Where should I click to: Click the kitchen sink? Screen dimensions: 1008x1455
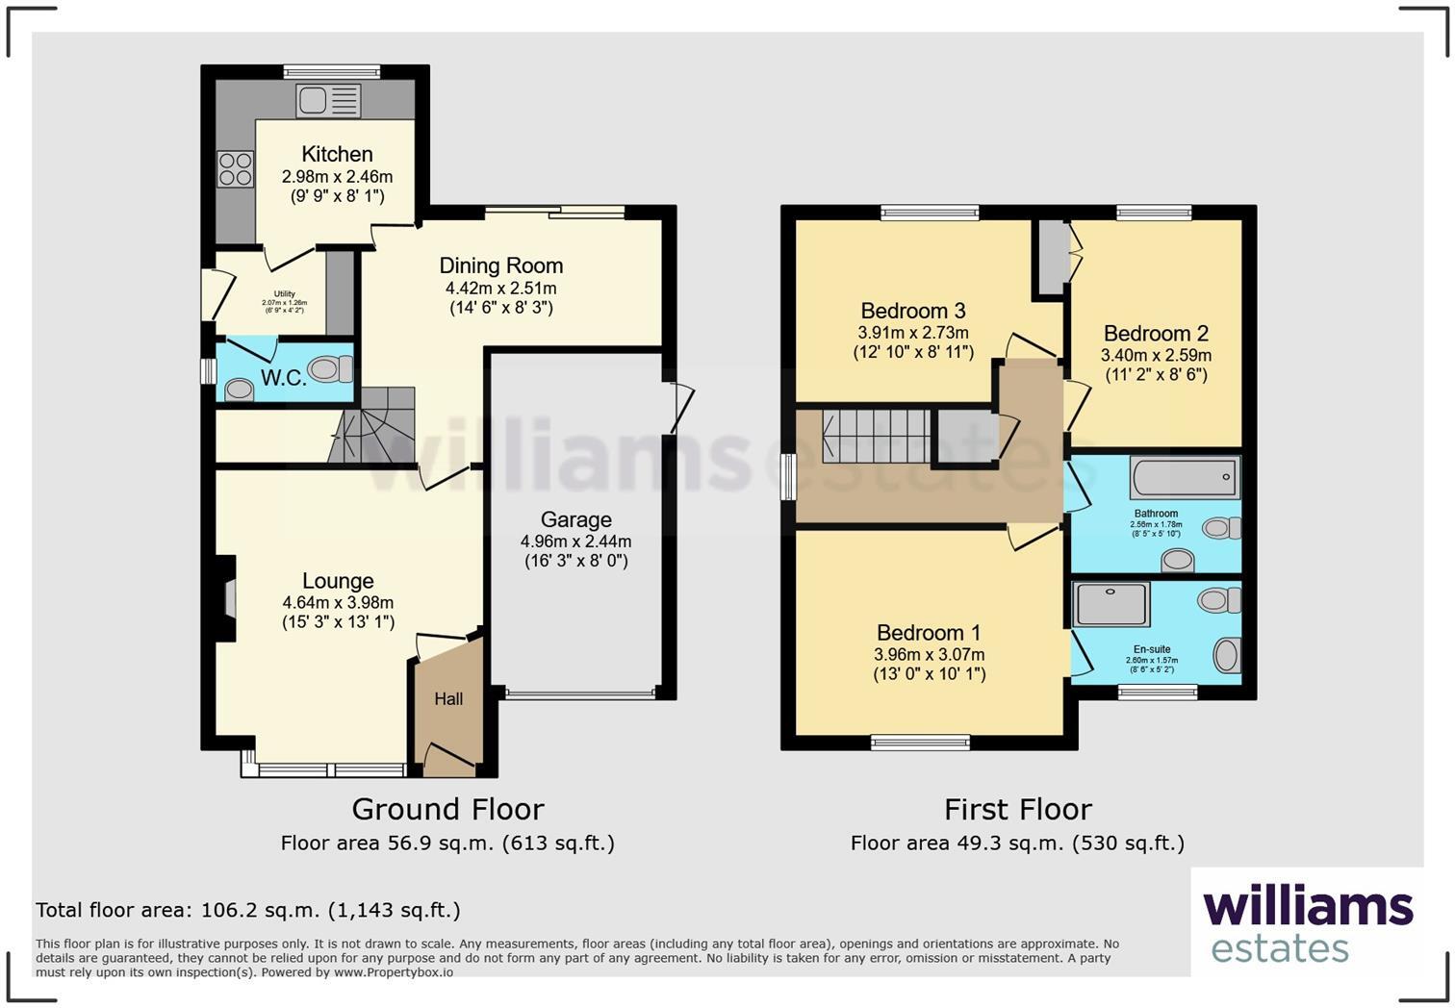(x=329, y=100)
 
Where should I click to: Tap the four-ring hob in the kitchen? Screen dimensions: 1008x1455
(x=236, y=169)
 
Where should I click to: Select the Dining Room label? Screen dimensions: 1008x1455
(x=500, y=265)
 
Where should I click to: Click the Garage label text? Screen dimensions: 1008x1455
(x=575, y=519)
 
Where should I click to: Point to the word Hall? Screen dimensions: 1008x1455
(x=448, y=699)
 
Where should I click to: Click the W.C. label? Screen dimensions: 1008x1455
(x=283, y=378)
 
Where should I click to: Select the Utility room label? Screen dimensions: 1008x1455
(x=284, y=294)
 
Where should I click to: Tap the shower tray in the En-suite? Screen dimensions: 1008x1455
(x=1112, y=603)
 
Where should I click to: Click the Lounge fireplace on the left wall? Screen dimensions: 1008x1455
(x=227, y=597)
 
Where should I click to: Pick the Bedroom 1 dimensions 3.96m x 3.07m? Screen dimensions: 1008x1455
(x=929, y=654)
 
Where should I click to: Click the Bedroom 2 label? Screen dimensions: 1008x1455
(x=1155, y=334)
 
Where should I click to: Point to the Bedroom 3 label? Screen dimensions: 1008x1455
(x=912, y=311)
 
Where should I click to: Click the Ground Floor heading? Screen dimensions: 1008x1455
(x=447, y=809)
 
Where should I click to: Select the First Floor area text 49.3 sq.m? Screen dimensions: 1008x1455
(x=1017, y=844)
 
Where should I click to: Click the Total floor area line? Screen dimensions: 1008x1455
(x=248, y=910)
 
